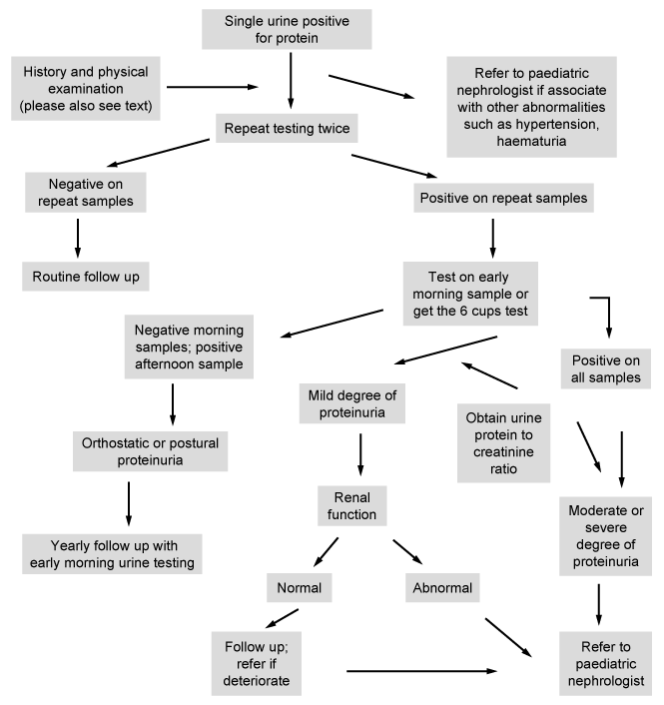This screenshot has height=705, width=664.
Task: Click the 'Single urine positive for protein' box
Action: point(287,29)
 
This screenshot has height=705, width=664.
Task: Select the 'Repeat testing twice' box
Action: point(287,128)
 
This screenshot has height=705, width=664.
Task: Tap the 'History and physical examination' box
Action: point(86,89)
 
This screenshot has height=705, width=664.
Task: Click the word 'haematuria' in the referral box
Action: point(531,141)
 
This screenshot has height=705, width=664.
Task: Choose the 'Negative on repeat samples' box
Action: point(86,193)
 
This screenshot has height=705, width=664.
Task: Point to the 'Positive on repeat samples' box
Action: point(503,198)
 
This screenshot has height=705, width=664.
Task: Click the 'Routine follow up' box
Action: point(86,277)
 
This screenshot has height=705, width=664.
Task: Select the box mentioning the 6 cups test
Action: point(470,294)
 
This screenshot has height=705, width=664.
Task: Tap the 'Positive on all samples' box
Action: point(605,368)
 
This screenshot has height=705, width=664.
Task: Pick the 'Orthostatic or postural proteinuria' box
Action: point(150,451)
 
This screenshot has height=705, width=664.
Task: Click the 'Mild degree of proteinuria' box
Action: point(352,403)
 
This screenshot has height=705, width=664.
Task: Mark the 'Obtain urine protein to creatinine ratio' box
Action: point(503,443)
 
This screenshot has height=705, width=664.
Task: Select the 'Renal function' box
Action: point(352,506)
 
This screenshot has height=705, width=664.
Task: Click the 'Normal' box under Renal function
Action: point(299,587)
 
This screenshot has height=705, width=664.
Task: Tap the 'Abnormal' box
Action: point(442,587)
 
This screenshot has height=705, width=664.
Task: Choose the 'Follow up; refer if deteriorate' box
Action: point(257,664)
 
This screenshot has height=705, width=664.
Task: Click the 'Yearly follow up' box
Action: point(112,554)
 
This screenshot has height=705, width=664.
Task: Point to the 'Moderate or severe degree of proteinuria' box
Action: point(605,536)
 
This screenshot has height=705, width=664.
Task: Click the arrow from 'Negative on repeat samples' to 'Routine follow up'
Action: point(78,239)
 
